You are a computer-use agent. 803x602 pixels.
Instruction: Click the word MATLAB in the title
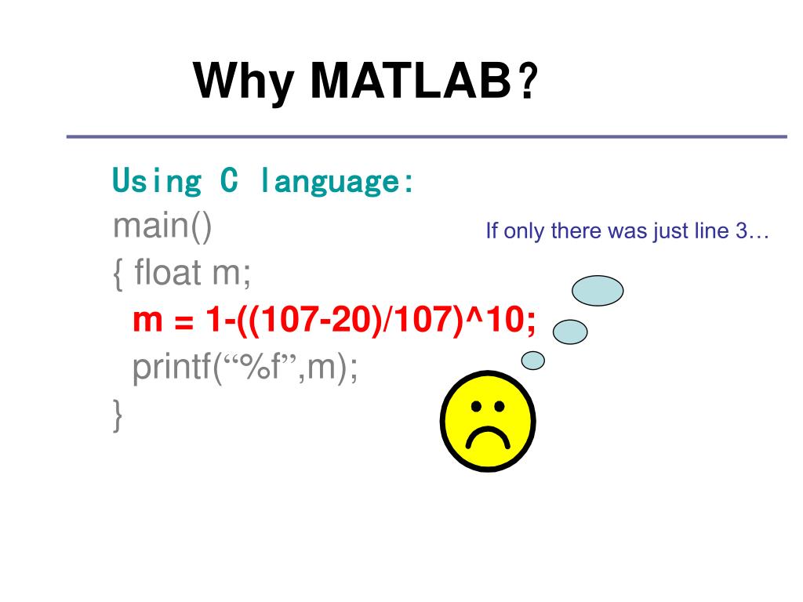(x=409, y=81)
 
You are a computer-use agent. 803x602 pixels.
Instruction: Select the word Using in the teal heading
(x=156, y=181)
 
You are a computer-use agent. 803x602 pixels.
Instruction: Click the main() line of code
(x=162, y=227)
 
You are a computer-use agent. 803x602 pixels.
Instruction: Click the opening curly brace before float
(x=118, y=275)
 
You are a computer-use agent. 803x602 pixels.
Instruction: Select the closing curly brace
(x=118, y=415)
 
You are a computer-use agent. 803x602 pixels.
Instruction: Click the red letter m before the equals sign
(x=146, y=322)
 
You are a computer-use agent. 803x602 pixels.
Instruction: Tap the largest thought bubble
(x=598, y=291)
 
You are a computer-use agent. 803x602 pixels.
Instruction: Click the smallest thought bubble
(x=533, y=360)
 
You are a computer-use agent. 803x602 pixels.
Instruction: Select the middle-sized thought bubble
(x=570, y=332)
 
